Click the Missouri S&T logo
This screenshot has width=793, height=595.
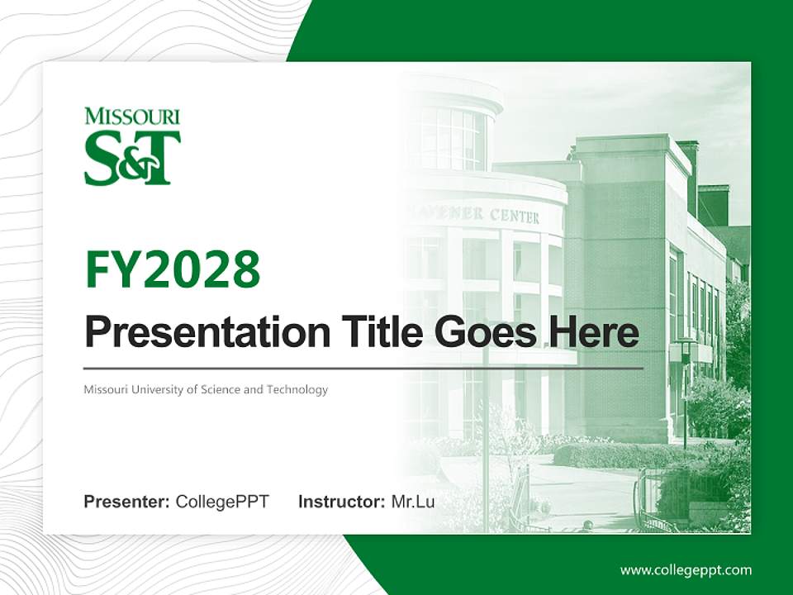[x=132, y=146]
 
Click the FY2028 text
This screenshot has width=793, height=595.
[x=173, y=269]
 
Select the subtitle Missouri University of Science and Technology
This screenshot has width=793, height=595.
[x=206, y=389]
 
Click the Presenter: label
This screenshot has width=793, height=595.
[x=127, y=502]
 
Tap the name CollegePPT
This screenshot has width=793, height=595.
[x=222, y=502]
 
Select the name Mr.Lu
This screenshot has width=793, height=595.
[x=413, y=502]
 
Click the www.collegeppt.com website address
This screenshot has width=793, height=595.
[x=686, y=569]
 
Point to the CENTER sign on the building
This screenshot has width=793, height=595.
[x=514, y=217]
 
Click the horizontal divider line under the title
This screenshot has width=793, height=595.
[x=363, y=368]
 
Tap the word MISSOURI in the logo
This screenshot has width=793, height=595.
[x=132, y=117]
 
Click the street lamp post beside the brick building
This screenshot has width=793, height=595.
[x=684, y=388]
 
